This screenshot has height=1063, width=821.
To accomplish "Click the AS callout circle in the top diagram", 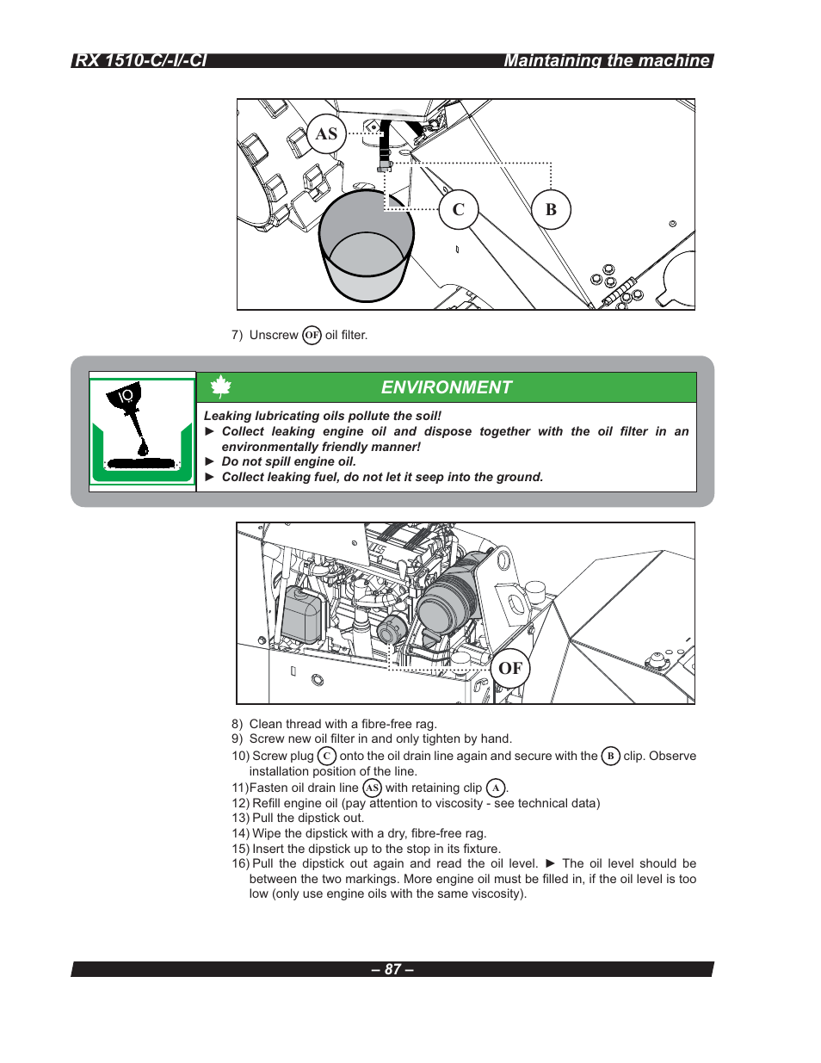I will click(326, 134).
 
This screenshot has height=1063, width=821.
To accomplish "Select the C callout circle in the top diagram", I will click(459, 209).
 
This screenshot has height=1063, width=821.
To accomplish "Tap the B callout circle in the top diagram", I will click(551, 209).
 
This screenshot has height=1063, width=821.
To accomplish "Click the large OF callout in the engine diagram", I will click(510, 668).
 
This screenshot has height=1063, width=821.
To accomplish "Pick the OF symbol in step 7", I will click(312, 335).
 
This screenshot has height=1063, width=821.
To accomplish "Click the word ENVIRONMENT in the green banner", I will click(447, 387).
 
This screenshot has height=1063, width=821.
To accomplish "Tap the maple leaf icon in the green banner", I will click(221, 387).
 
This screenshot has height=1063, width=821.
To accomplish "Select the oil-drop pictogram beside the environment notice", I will click(142, 430).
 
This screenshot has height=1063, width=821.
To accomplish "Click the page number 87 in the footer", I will click(392, 969).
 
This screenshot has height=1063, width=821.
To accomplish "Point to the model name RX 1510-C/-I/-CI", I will click(140, 60).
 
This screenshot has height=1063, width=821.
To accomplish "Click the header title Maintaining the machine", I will click(607, 60).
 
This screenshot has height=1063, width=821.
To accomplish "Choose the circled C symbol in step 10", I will click(326, 756).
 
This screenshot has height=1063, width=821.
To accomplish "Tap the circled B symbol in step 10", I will click(610, 756).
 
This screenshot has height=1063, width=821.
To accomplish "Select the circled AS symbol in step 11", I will click(372, 788).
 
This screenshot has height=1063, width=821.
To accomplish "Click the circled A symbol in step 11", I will click(496, 788).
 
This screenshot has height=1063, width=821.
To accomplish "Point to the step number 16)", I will click(240, 863).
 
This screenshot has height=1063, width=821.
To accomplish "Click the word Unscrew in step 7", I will click(274, 335).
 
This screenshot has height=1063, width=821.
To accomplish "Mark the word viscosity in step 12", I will click(459, 803).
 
